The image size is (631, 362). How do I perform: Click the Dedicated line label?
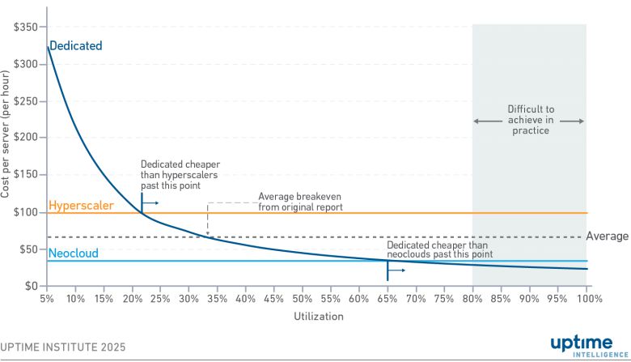(76, 46)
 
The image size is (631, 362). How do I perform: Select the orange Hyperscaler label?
(81, 206)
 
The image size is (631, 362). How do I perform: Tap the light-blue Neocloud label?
(74, 253)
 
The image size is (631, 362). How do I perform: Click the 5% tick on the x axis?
(47, 298)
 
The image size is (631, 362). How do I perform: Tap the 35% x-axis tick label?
(217, 298)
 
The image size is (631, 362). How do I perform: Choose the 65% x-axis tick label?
(387, 298)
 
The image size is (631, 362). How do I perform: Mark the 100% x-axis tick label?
(589, 298)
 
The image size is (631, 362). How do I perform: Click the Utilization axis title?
(318, 316)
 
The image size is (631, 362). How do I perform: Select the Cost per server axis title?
(7, 134)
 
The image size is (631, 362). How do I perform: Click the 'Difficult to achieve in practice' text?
(530, 119)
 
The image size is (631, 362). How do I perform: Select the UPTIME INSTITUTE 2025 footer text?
(63, 347)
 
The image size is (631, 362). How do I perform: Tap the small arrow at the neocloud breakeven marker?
(397, 270)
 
